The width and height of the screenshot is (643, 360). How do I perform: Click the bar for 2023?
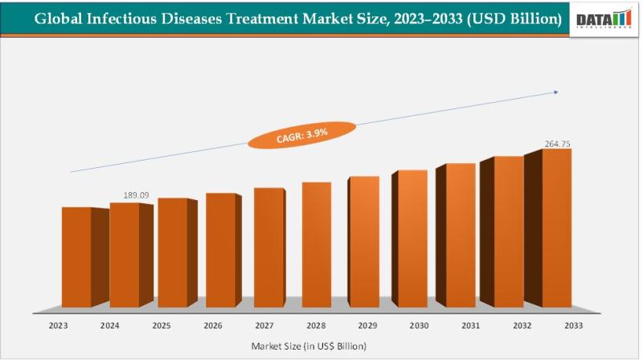tap(76, 257)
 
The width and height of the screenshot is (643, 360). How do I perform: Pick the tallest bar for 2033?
tap(556, 228)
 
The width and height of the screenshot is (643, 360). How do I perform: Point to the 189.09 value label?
tap(136, 195)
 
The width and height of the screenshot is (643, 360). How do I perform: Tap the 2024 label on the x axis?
tap(111, 326)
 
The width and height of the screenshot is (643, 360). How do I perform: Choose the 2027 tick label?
tap(263, 326)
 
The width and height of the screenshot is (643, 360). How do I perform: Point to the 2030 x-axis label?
tap(418, 326)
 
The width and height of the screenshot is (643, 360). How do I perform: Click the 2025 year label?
tap(162, 326)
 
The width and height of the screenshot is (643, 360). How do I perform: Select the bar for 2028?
tap(316, 245)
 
